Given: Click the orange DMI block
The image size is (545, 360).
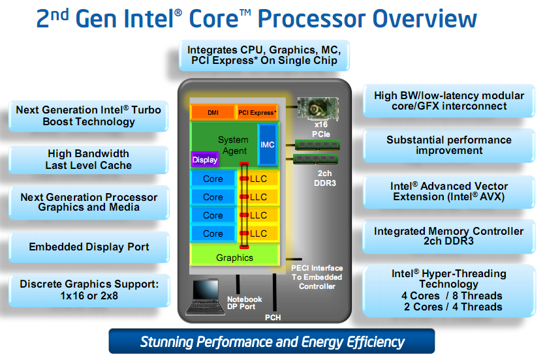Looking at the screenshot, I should tap(212, 113).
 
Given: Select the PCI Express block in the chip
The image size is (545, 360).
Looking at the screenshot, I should tap(257, 113).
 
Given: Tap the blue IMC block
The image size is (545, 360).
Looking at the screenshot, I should tap(267, 145).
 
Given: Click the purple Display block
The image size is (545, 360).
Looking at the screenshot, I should tap(205, 159).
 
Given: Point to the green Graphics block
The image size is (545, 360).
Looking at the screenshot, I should tap(234, 257).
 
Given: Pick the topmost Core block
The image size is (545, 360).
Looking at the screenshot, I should tap(213, 179).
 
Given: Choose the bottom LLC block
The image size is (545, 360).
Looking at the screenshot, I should tap(259, 233).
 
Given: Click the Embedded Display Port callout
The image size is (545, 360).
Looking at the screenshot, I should tap(89, 247).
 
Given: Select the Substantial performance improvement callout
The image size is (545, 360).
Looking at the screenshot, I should tap(448, 145).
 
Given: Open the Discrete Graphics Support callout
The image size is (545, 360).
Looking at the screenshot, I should tap(89, 290).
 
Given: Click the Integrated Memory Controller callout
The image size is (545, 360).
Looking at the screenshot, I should tap(448, 236).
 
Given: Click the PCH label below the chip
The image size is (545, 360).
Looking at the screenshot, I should tap(273, 318).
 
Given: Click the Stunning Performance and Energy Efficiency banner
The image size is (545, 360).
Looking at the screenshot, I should tap(272, 342).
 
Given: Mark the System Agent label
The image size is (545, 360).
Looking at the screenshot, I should tap(233, 145).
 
